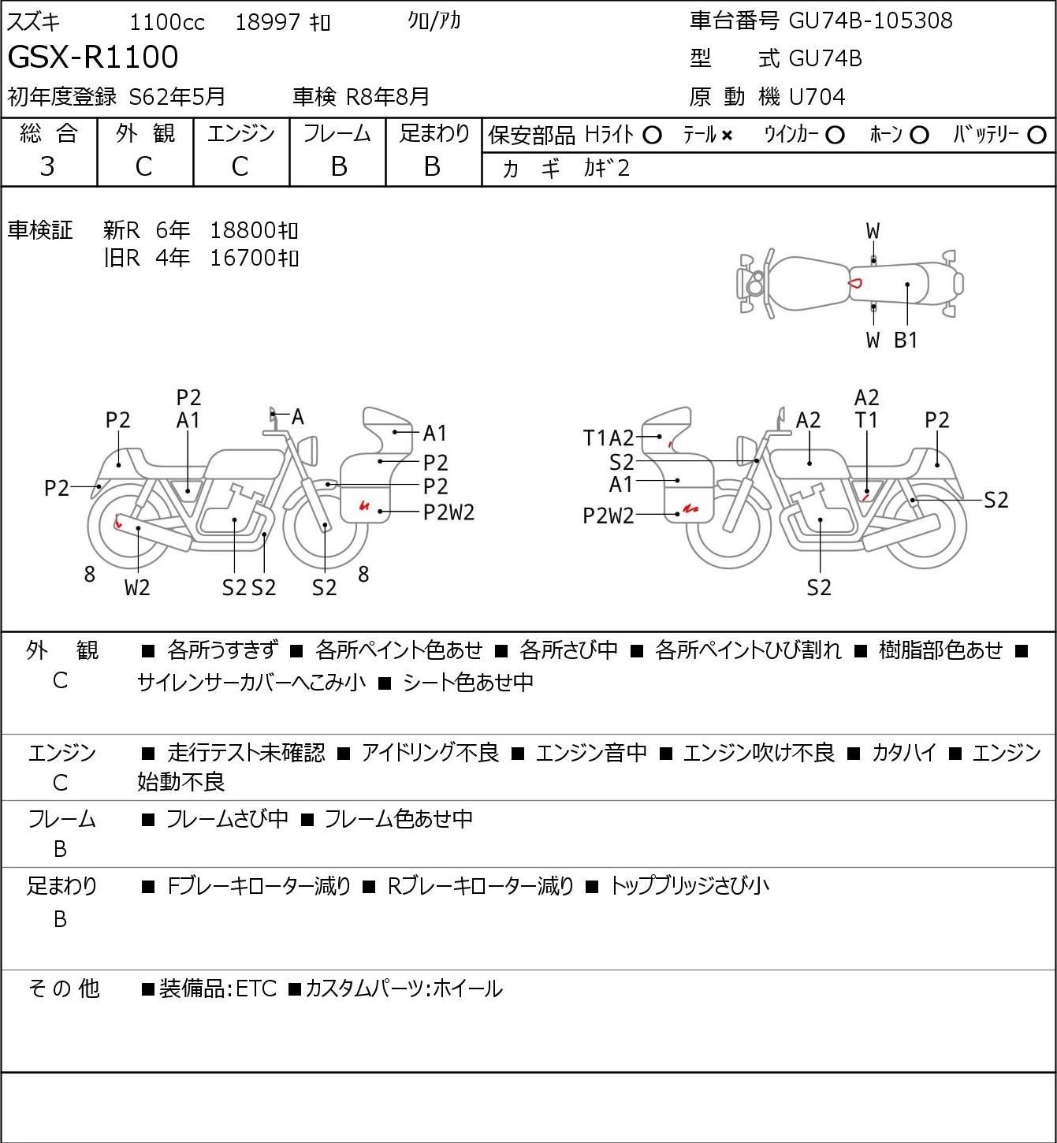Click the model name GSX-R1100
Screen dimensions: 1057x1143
pyautogui.click(x=93, y=57)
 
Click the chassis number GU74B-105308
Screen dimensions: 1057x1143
pyautogui.click(x=870, y=20)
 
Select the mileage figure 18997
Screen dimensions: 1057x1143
pyautogui.click(x=268, y=22)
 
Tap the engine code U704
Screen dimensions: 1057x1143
pyautogui.click(x=817, y=97)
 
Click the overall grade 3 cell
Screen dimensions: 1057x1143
pyautogui.click(x=48, y=166)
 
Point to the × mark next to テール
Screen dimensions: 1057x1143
pyautogui.click(x=727, y=136)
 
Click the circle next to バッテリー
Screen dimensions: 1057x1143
pyautogui.click(x=1037, y=136)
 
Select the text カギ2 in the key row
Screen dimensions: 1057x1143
pyautogui.click(x=607, y=168)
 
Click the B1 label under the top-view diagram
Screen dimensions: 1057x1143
pyautogui.click(x=906, y=340)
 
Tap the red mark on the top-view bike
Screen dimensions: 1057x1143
pyautogui.click(x=856, y=282)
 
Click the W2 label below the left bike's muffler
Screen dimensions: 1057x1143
pyautogui.click(x=137, y=587)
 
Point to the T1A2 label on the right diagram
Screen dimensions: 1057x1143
pyautogui.click(x=608, y=438)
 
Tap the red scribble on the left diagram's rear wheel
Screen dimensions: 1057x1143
pyautogui.click(x=118, y=521)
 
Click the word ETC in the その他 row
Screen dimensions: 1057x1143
pyautogui.click(x=256, y=988)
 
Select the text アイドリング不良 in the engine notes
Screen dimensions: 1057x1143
pyautogui.click(x=430, y=753)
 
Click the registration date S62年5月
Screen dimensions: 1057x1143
pyautogui.click(x=177, y=97)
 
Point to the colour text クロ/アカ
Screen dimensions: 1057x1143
pyautogui.click(x=434, y=20)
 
